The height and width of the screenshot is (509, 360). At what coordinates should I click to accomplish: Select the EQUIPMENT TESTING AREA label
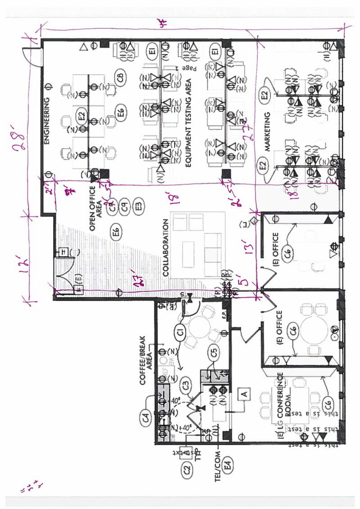(x=189, y=123)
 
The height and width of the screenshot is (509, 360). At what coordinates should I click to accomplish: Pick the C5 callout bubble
(x=215, y=353)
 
